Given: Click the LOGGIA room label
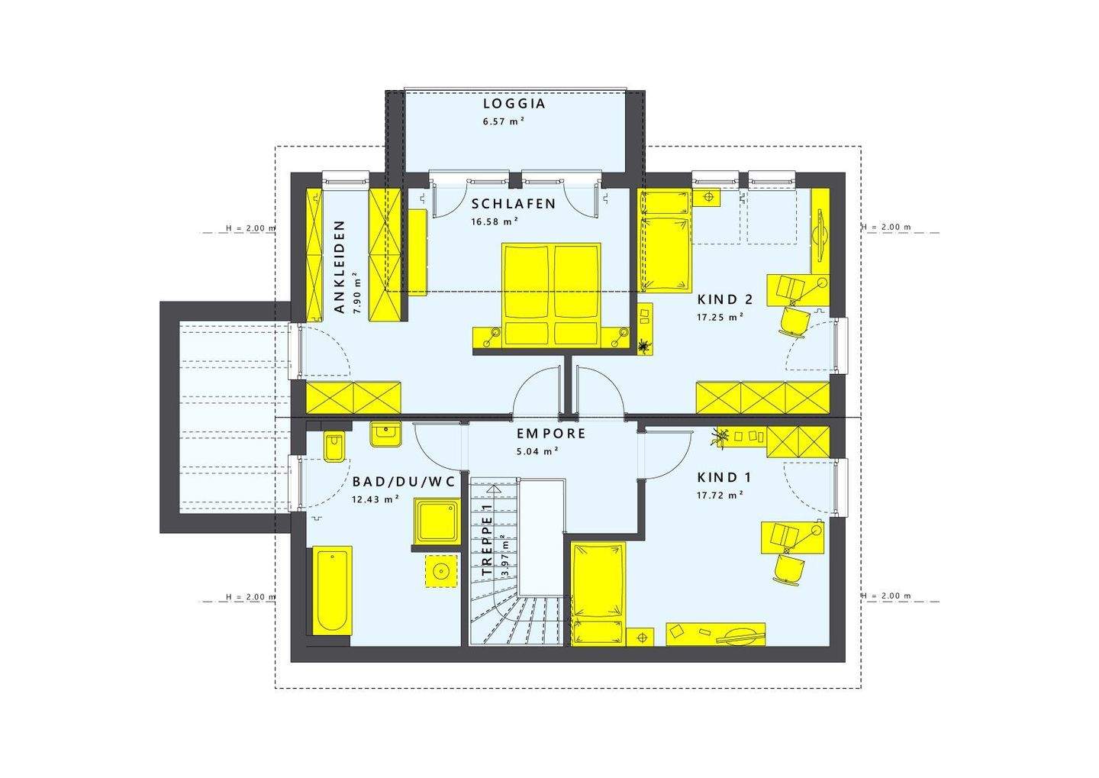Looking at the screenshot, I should click(x=514, y=105).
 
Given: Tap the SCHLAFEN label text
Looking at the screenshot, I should click(x=513, y=204).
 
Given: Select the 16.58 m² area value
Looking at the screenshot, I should click(x=495, y=222).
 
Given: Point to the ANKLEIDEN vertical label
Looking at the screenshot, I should click(x=340, y=266).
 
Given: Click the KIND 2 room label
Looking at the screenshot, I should click(x=725, y=299).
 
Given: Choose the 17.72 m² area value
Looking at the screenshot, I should click(x=719, y=496).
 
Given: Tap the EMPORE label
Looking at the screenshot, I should click(x=551, y=434).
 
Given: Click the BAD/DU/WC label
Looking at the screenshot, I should click(x=403, y=482).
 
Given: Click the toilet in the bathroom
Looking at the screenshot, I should click(x=334, y=447).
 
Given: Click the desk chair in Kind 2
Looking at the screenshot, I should click(x=794, y=321).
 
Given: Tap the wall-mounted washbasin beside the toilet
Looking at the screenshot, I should click(x=385, y=434).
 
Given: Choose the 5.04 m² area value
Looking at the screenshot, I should click(x=537, y=451).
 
